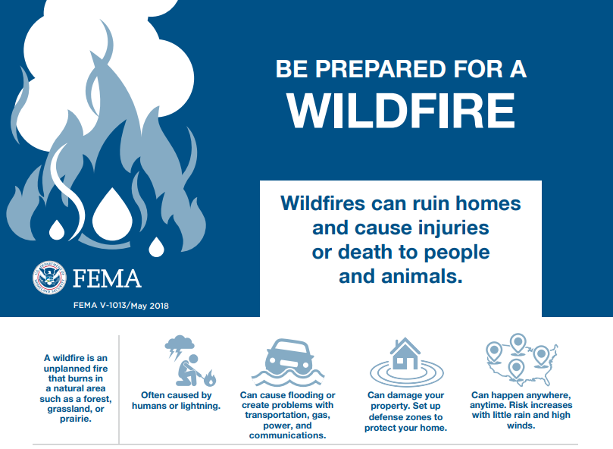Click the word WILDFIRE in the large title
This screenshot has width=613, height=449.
pyautogui.click(x=401, y=111)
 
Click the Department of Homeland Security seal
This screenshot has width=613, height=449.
pyautogui.click(x=49, y=278)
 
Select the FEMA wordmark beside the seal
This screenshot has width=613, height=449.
pyautogui.click(x=107, y=278)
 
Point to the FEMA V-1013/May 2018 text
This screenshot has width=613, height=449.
pyautogui.click(x=121, y=306)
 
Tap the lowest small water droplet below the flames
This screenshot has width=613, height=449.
pyautogui.click(x=156, y=247)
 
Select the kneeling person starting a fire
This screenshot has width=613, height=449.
pyautogui.click(x=189, y=371)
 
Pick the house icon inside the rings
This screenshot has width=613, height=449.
pyautogui.click(x=405, y=354)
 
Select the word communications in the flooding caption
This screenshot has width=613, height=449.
pyautogui.click(x=287, y=435)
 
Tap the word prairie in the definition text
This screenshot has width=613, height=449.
pyautogui.click(x=76, y=419)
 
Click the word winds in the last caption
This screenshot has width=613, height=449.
pyautogui.click(x=521, y=425)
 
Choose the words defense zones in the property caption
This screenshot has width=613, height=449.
pyautogui.click(x=405, y=417)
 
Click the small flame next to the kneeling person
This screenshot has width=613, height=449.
pyautogui.click(x=211, y=378)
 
